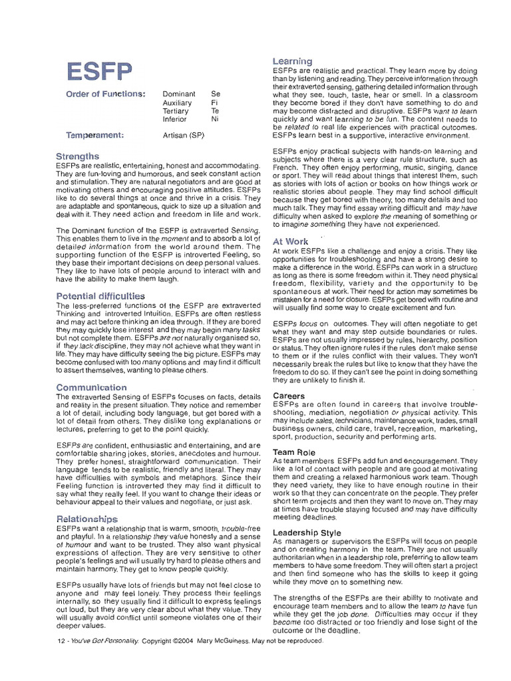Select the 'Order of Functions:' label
105,94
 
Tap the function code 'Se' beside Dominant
215,94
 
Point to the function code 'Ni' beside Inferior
215,120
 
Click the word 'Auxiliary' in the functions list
177,103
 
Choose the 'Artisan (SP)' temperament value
184,136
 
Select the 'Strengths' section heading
78,156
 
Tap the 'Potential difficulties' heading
100,295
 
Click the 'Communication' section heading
91,387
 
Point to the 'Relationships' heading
87,518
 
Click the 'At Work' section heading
290,241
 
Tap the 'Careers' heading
289,396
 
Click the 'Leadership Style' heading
307,533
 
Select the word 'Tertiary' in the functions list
176,111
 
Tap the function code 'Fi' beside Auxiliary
214,103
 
